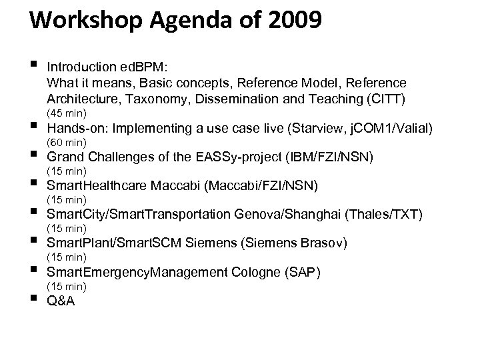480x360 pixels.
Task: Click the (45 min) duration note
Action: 65,113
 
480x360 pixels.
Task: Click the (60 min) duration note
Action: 65,142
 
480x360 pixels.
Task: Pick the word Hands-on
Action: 75,128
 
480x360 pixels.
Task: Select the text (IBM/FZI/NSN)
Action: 329,157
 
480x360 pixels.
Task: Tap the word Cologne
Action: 256,271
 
